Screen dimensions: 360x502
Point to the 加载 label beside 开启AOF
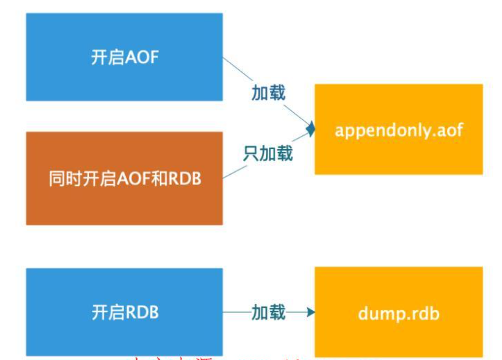[268, 93]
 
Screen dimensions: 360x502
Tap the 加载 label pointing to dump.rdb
[268, 312]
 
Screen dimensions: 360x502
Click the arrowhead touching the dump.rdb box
[311, 312]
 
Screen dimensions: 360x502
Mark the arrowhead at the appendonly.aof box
[312, 129]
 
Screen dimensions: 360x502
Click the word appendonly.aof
[398, 130]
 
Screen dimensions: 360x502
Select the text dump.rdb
[398, 313]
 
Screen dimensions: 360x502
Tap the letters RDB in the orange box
[185, 179]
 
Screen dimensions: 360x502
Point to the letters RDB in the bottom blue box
[142, 313]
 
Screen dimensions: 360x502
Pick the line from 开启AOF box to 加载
[237, 70]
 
